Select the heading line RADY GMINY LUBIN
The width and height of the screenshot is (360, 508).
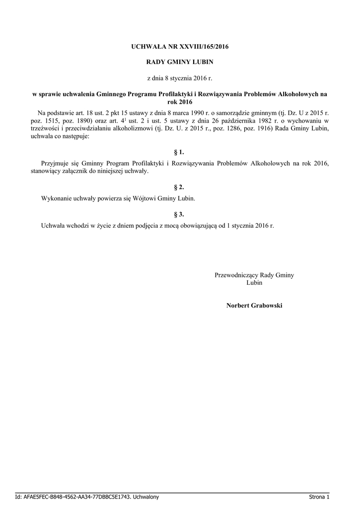pyautogui.click(x=179, y=63)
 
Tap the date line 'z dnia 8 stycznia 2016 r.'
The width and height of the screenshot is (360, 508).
pyautogui.click(x=179, y=78)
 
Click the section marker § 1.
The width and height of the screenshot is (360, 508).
pyautogui.click(x=179, y=152)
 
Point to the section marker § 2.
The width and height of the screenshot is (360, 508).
pyautogui.click(x=179, y=187)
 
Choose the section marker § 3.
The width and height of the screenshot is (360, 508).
pyautogui.click(x=179, y=214)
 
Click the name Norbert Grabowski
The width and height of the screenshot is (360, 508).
pyautogui.click(x=254, y=306)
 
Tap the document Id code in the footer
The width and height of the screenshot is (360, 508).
pyautogui.click(x=74, y=497)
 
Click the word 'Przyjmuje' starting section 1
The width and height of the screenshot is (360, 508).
pyautogui.click(x=55, y=163)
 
